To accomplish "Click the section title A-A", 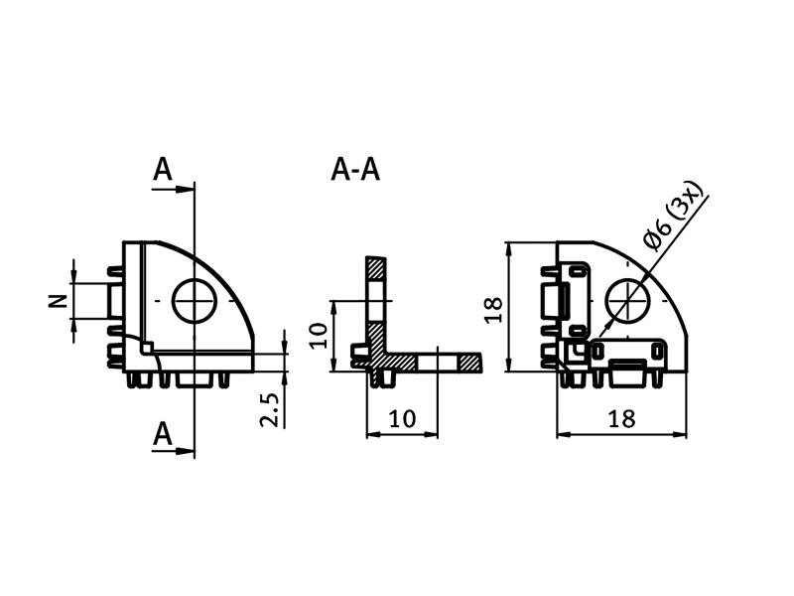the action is tap(355, 169).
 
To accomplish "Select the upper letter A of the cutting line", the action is tap(163, 169).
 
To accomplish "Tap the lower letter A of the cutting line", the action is tap(163, 434).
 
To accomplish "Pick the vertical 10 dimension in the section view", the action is tap(319, 336).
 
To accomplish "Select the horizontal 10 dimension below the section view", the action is tap(402, 418).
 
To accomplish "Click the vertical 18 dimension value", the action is tap(493, 310).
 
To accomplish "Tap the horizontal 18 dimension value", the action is tap(621, 418).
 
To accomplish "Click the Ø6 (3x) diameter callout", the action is tap(674, 216).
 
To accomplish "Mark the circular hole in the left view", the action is tap(195, 301).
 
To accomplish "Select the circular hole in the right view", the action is tap(628, 301).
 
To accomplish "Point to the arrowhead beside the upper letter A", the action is tap(185, 189).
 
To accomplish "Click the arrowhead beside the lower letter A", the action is tap(185, 450).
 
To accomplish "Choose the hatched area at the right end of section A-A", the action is tap(469, 363).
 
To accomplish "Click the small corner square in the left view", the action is tap(147, 349).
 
